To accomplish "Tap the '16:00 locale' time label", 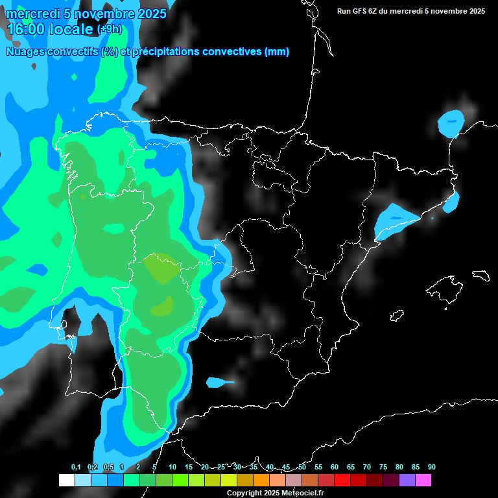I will click(x=51, y=29).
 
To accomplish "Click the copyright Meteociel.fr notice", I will click(x=275, y=493).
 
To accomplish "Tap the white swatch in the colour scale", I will click(x=66, y=480).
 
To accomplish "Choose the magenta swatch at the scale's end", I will click(x=423, y=480).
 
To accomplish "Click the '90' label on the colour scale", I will click(x=431, y=468).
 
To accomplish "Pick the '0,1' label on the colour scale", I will click(x=76, y=468).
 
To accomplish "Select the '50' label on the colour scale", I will click(x=302, y=468).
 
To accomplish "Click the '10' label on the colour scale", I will click(x=172, y=468).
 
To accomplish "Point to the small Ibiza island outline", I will click(x=397, y=316).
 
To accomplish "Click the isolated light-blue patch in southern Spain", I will click(x=219, y=383).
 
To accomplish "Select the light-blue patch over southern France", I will click(x=451, y=123).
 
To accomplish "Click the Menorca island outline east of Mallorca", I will click(x=480, y=274).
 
